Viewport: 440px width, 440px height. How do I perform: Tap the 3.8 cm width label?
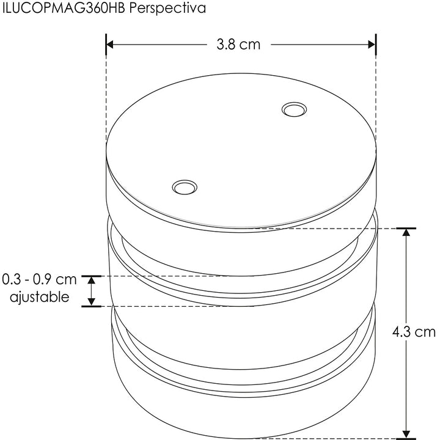(238, 45)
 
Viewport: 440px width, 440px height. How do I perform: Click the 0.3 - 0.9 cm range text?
(40, 280)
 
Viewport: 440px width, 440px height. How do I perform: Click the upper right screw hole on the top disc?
(293, 110)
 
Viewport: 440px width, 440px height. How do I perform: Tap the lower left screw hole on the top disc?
(184, 186)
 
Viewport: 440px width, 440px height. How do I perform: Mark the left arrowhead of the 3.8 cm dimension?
(111, 45)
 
